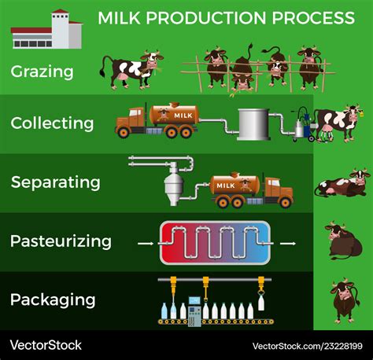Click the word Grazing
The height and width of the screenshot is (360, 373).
coord(42,72)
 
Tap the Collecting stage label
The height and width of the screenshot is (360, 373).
coord(52,123)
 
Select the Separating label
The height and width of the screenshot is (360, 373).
coord(55,182)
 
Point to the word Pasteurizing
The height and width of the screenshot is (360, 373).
coord(61,241)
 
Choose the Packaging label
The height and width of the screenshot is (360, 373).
coord(53,299)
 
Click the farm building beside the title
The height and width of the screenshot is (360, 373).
coord(46,29)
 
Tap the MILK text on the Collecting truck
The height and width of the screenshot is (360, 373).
coord(183,116)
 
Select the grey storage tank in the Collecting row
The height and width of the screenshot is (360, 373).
coord(253,124)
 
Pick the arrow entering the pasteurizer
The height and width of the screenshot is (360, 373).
coord(146,244)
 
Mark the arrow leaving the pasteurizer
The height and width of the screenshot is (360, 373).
coord(288,244)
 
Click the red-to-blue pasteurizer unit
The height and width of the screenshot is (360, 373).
coord(215,243)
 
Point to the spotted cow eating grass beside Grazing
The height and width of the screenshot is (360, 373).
coord(131,69)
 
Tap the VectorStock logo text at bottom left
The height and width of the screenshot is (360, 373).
coord(46,345)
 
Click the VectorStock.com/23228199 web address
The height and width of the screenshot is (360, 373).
coord(308,346)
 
